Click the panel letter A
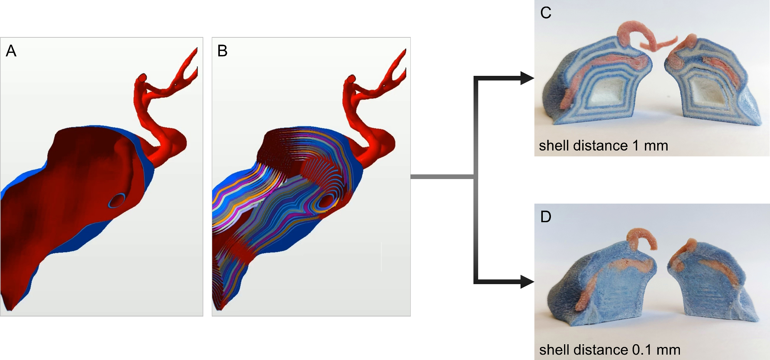click(11, 51)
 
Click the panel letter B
click(222, 51)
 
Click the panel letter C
click(546, 13)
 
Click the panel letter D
click(546, 217)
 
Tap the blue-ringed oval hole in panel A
click(116, 201)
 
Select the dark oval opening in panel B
click(326, 201)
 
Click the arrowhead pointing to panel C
click(527, 78)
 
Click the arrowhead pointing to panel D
click(527, 282)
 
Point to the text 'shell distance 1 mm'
click(603, 146)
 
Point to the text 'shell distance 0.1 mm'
click(609, 350)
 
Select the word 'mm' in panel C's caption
click(656, 146)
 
